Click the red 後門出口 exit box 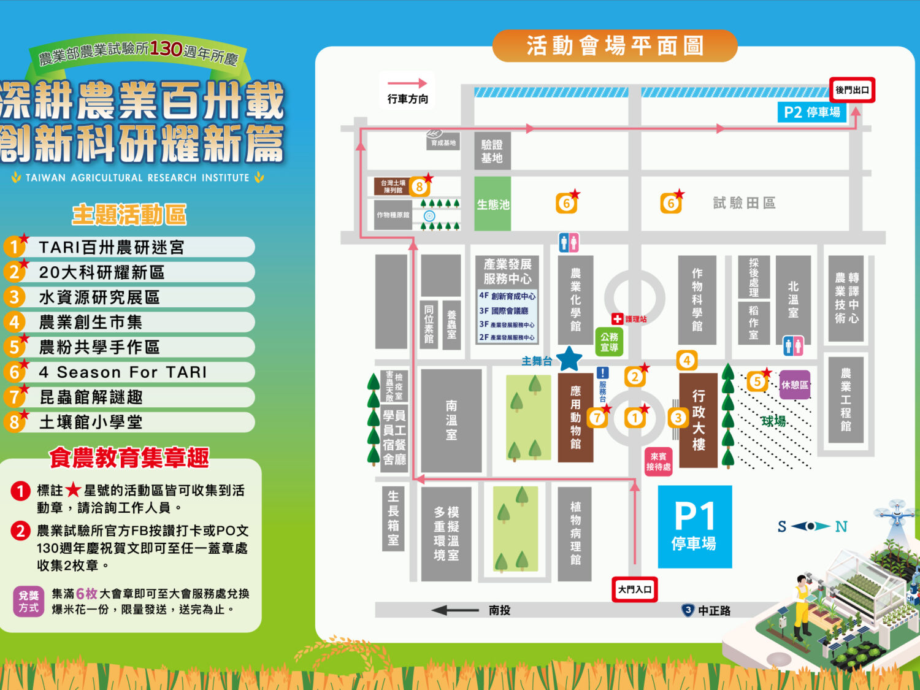(x=852, y=90)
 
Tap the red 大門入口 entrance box (x=635, y=589)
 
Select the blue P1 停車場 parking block (x=694, y=527)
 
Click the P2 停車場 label (x=811, y=112)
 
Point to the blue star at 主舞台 (x=569, y=359)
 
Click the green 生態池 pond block (x=493, y=204)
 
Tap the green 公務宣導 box (x=609, y=342)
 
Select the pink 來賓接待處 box (x=658, y=461)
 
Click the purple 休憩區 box (x=794, y=385)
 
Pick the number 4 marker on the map (x=686, y=361)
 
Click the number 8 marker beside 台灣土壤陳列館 (x=420, y=186)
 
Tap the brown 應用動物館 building (x=575, y=417)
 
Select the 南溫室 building (x=451, y=420)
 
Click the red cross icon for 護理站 (x=617, y=319)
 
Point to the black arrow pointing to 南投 (x=455, y=610)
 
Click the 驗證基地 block (x=492, y=151)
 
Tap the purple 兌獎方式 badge (x=28, y=601)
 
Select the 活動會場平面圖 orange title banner (x=615, y=46)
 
